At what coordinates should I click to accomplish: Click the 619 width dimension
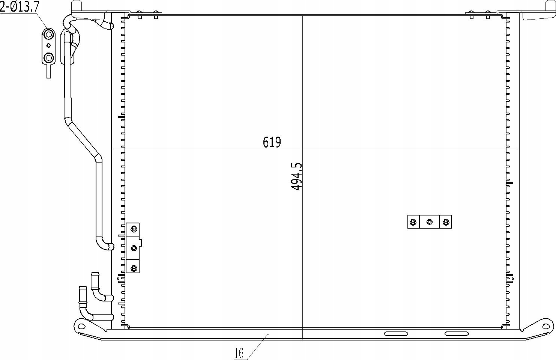click(x=272, y=142)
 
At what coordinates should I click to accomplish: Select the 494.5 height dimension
click(x=296, y=176)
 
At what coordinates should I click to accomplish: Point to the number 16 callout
click(x=239, y=353)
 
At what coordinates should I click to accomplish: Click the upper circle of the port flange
click(x=49, y=34)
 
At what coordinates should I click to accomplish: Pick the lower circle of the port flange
click(x=49, y=58)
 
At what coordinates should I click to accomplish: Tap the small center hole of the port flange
click(x=49, y=45)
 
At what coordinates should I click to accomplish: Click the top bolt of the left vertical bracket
click(x=134, y=229)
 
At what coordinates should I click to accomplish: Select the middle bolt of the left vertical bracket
click(x=134, y=248)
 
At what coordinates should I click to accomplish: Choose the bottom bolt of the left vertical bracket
click(x=134, y=268)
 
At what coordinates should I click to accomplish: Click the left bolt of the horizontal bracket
click(x=413, y=222)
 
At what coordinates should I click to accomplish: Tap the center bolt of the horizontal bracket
click(x=430, y=222)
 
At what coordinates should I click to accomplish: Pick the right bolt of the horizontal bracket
click(x=446, y=222)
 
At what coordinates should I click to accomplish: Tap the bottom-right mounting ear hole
click(x=546, y=326)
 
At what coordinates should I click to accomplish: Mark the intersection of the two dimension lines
click(x=302, y=148)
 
